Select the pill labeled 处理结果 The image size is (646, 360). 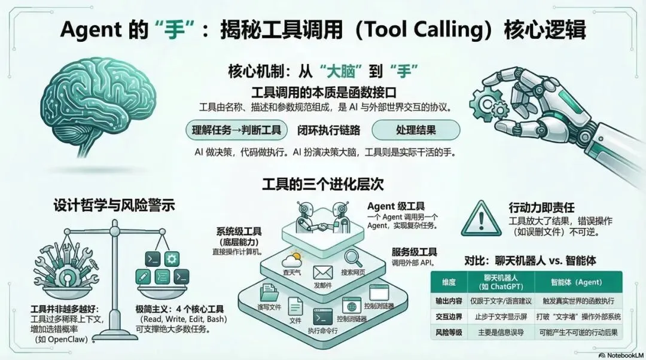416,130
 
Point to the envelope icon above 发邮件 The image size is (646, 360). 322,273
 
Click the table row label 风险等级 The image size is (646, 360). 447,332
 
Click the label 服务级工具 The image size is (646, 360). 414,252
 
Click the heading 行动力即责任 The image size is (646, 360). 541,208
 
